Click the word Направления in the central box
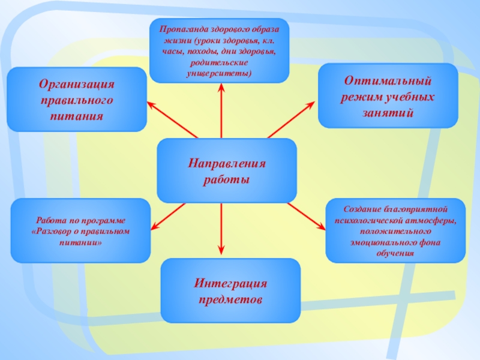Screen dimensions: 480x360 coord(227,163)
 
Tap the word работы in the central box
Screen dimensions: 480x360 coord(227,179)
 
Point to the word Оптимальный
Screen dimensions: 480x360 coord(388,80)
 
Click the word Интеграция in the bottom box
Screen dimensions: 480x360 coord(230,283)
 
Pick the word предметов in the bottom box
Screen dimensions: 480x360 coord(230,298)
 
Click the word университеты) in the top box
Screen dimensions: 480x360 coord(219,73)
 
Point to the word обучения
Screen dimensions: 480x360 coord(395,253)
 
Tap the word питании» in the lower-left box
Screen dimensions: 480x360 coord(81,242)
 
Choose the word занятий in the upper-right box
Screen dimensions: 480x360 coord(388,112)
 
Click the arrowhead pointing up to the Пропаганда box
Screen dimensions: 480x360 coord(221,88)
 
